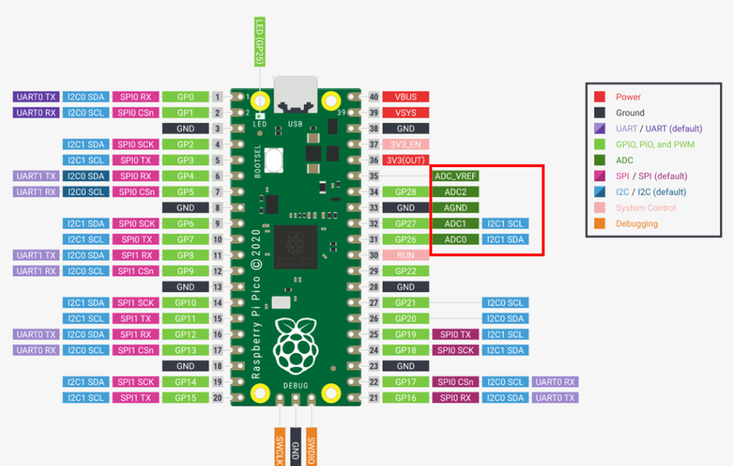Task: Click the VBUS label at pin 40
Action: coord(406,97)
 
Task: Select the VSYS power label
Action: coord(406,113)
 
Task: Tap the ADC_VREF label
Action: coord(455,176)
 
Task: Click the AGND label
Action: coord(455,208)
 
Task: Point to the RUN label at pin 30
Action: coord(406,255)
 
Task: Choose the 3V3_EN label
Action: coord(406,144)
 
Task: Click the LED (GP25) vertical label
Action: coord(260,42)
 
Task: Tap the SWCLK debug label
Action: coord(280,446)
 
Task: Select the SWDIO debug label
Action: coord(311,446)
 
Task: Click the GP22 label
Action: coord(406,271)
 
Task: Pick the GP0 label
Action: coord(185,97)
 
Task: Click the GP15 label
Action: coord(185,398)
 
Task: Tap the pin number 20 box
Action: coord(218,398)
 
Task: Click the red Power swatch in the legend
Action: coord(599,97)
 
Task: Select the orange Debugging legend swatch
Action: coord(599,224)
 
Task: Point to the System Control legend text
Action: coord(646,208)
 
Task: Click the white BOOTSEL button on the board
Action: coord(274,160)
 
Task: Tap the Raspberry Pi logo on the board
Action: coord(296,346)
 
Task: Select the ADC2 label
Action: coord(455,192)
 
